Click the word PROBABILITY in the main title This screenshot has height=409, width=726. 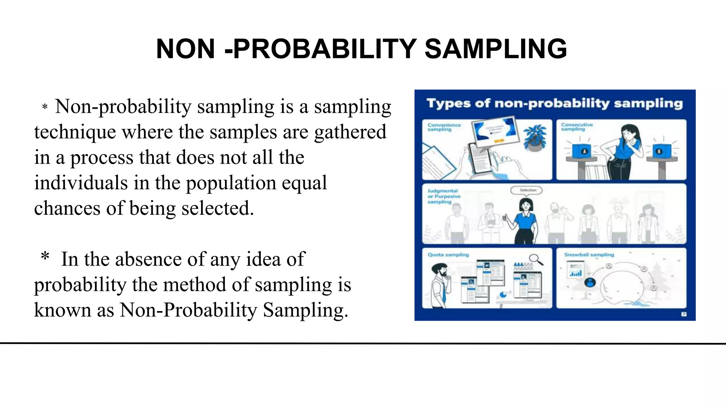pyautogui.click(x=325, y=49)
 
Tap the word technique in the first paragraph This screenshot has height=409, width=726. pyautogui.click(x=75, y=132)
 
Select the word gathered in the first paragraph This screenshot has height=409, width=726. pyautogui.click(x=350, y=132)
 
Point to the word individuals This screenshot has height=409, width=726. pyautogui.click(x=81, y=183)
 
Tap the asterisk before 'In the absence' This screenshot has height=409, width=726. pyautogui.click(x=45, y=256)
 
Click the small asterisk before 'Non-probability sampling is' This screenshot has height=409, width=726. pyautogui.click(x=45, y=107)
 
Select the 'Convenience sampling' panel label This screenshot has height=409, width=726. pyautogui.click(x=444, y=127)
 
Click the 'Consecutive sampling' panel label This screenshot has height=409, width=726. pyautogui.click(x=577, y=127)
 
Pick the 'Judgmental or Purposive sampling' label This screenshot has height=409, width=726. pyautogui.click(x=443, y=196)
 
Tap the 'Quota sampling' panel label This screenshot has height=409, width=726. pyautogui.click(x=448, y=255)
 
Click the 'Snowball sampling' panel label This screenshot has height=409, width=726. pyautogui.click(x=589, y=255)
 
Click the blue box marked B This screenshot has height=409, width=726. pyautogui.click(x=658, y=151)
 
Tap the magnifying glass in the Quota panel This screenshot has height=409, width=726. pyautogui.click(x=536, y=260)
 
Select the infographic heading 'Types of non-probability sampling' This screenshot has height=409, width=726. pyautogui.click(x=554, y=104)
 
